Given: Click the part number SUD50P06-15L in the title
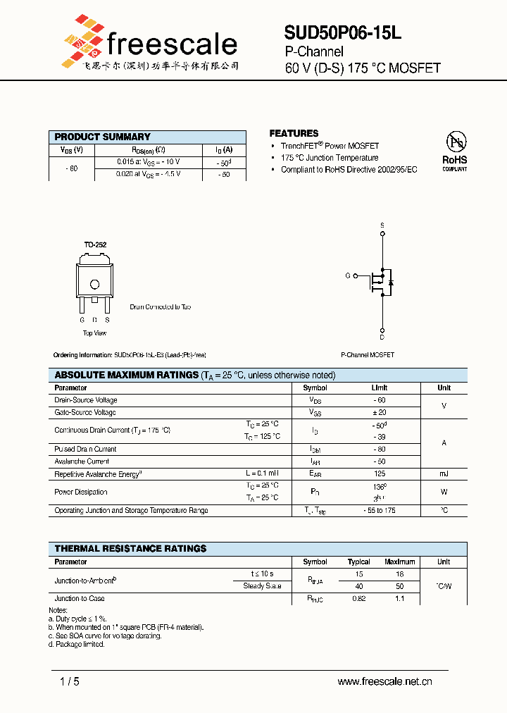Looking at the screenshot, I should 343,32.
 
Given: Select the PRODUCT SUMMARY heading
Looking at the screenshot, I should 103,137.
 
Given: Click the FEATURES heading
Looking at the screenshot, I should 294,133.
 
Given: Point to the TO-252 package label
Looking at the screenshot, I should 95,244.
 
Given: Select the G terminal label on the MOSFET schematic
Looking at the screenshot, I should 348,275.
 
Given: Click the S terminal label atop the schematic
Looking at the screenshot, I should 382,225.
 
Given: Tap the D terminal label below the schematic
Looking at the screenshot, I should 382,336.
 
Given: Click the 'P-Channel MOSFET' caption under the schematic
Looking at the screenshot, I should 367,355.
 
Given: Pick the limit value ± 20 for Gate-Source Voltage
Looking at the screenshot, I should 380,412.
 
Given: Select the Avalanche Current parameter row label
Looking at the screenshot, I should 82,461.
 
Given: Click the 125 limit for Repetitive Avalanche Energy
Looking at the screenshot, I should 380,474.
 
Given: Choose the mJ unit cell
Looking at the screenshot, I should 444,474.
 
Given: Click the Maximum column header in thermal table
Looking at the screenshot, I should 399,562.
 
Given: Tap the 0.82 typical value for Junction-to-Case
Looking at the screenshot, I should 359,598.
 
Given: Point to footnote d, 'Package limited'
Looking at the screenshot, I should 77,644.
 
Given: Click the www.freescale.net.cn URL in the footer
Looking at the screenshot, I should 384,681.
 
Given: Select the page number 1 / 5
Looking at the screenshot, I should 70,681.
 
